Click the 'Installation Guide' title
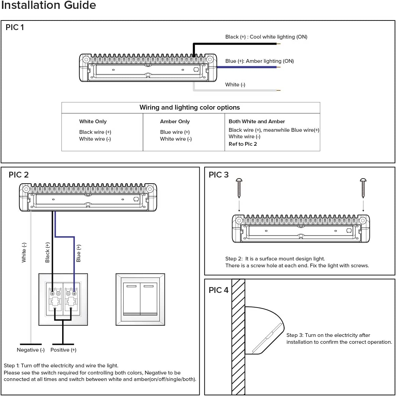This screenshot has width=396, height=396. (x=48, y=5)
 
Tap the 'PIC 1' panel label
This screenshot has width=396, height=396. (x=15, y=27)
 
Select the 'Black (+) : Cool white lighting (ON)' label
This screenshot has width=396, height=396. (x=266, y=37)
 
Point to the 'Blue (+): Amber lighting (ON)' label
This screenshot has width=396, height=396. (x=259, y=61)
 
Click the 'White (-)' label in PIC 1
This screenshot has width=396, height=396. (x=235, y=85)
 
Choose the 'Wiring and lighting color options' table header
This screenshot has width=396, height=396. (x=189, y=108)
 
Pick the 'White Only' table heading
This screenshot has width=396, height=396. (x=93, y=122)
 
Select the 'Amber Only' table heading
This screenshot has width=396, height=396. (x=175, y=122)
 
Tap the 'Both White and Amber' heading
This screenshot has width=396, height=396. (x=257, y=122)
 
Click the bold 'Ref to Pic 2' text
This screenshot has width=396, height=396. (x=243, y=144)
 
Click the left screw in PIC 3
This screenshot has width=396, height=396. (x=239, y=188)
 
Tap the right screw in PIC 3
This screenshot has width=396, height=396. (x=363, y=188)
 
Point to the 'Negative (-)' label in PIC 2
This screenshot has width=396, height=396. (x=31, y=350)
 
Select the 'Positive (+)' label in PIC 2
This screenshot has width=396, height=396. (x=63, y=350)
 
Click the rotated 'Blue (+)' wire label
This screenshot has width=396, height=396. (x=79, y=253)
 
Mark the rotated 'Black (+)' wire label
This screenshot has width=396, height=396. (x=47, y=253)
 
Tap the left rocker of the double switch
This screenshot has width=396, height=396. (x=131, y=299)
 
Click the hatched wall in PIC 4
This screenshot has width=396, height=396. (x=238, y=336)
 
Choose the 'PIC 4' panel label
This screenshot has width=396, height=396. (x=218, y=290)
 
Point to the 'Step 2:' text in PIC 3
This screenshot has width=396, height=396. (x=234, y=259)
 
